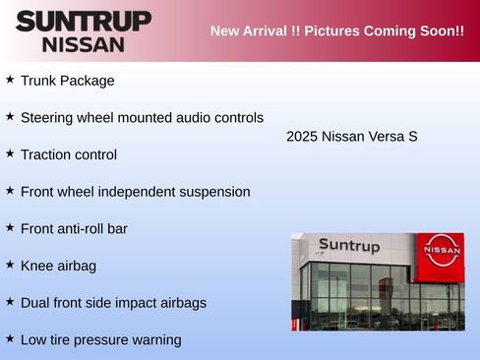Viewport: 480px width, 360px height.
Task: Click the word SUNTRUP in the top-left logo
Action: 84,21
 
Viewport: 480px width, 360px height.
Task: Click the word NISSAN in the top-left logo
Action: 84,44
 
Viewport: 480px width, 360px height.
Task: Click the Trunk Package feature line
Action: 67,81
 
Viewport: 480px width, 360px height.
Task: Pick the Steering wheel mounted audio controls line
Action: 142,118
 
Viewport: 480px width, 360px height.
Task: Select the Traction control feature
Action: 69,154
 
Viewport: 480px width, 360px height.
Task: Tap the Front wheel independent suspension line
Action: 135,192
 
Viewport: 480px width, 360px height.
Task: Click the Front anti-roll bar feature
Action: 74,228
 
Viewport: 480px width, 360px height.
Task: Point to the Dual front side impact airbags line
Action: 113,303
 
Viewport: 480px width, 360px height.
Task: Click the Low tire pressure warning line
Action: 100,340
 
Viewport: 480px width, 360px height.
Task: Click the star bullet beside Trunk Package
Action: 10,79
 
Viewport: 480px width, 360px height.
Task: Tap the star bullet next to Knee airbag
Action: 10,264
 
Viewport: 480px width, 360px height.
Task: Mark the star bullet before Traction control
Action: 10,152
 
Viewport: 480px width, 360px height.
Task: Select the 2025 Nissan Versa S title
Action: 352,136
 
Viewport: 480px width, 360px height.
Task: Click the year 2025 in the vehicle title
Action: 302,136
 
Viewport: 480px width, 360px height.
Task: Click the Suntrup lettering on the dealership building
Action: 348,246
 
